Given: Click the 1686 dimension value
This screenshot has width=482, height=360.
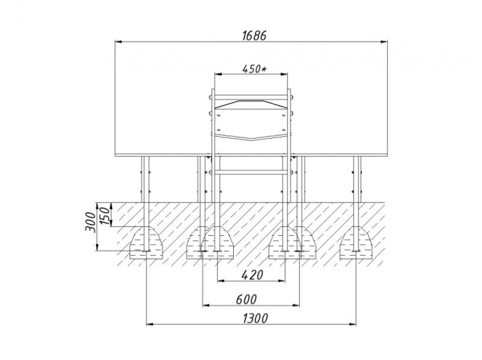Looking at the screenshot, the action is [x=254, y=36].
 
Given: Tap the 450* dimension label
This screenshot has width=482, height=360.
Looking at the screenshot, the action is [x=254, y=69].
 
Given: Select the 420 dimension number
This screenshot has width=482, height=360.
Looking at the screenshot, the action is [x=252, y=275].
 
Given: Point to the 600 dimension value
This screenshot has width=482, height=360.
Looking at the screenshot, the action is [x=246, y=299].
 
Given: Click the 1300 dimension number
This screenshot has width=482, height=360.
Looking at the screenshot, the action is [x=255, y=318].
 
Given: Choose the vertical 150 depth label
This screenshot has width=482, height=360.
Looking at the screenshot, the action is [x=104, y=216].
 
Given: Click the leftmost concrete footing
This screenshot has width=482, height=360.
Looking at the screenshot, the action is [x=146, y=242].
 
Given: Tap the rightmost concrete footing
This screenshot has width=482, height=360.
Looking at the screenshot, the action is [x=357, y=242].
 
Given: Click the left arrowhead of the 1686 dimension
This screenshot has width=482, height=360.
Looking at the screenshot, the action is [x=119, y=42].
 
